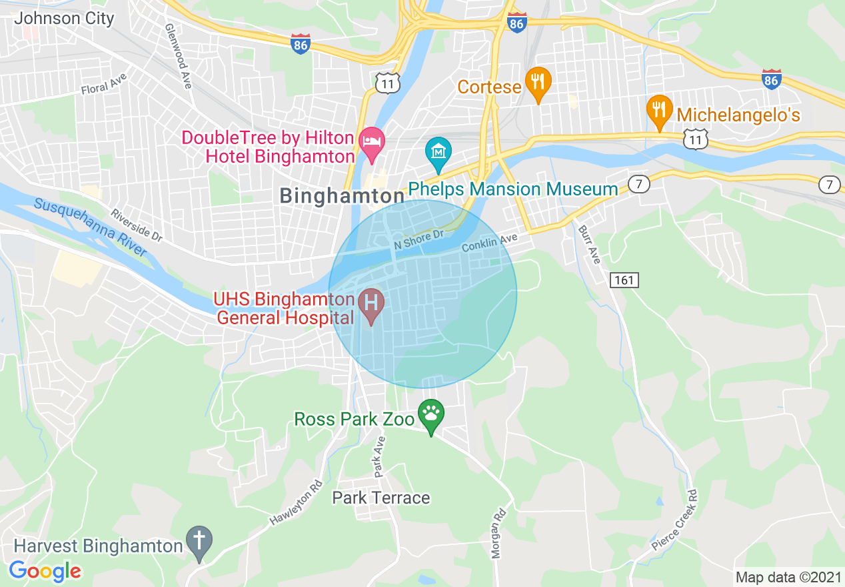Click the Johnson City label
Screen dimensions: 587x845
tap(64, 18)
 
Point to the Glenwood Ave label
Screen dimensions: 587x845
tap(178, 57)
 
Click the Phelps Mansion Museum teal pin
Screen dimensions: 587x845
tap(438, 153)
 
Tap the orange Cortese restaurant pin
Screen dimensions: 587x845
tap(538, 82)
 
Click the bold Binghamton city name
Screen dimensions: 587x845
tap(343, 196)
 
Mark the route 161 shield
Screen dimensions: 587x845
tap(624, 279)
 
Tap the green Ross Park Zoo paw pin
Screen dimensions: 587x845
tap(431, 414)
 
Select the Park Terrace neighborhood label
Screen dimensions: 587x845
tap(381, 498)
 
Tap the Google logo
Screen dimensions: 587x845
tap(45, 571)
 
